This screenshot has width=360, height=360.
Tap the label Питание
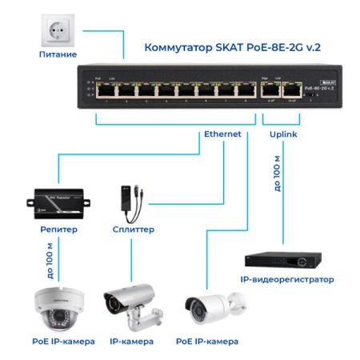coord(58,54)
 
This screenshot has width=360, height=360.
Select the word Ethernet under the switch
coord(222,134)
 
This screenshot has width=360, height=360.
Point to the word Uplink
coord(284,134)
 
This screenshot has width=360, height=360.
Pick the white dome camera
coord(58,308)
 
